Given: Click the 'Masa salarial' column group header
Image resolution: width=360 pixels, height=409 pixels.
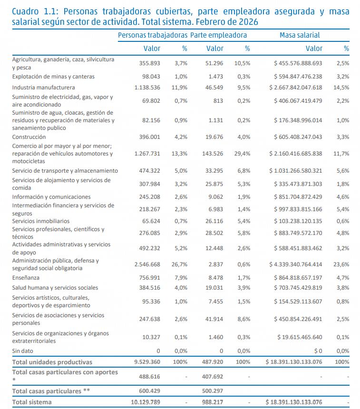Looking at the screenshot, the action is point(300,35).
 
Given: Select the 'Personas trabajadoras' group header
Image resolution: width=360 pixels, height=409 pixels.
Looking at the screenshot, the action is point(153,35).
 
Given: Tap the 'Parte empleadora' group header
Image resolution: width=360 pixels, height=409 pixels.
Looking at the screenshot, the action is point(218,35).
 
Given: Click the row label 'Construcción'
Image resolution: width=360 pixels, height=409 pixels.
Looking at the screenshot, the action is point(29,137).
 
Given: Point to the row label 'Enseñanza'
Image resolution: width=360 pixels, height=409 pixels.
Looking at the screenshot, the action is point(26,278).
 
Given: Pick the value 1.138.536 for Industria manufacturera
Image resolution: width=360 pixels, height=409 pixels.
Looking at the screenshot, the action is point(147,88).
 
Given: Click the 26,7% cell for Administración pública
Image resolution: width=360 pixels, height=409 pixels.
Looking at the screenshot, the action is point(179,264).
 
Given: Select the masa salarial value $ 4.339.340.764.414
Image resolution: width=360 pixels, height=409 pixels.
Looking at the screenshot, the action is point(296,264).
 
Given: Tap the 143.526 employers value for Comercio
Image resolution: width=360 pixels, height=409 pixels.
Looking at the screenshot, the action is point(213,154).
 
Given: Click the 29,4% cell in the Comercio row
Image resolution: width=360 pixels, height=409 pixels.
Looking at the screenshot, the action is point(242,154).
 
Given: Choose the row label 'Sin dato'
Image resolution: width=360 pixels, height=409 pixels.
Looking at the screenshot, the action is point(22,351).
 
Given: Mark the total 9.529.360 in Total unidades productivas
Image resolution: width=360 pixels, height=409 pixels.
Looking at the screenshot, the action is point(147,362).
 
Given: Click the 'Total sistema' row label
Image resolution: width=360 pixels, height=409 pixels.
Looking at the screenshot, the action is point(32,402).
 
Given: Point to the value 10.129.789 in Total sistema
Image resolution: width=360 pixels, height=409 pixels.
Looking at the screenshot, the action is point(146,402).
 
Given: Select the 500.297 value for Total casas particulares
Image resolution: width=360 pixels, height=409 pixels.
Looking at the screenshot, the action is point(213,391).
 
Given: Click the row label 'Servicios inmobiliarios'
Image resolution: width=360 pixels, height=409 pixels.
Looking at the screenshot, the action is point(41,221).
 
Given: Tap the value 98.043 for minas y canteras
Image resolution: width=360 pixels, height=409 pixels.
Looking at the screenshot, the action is point(151,77).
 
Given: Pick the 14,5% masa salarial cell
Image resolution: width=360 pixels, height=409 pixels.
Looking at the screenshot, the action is point(341,88).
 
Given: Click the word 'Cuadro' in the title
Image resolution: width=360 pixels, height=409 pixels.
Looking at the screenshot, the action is point(25,12).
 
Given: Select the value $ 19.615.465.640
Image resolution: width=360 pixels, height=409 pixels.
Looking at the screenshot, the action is point(300,337).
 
